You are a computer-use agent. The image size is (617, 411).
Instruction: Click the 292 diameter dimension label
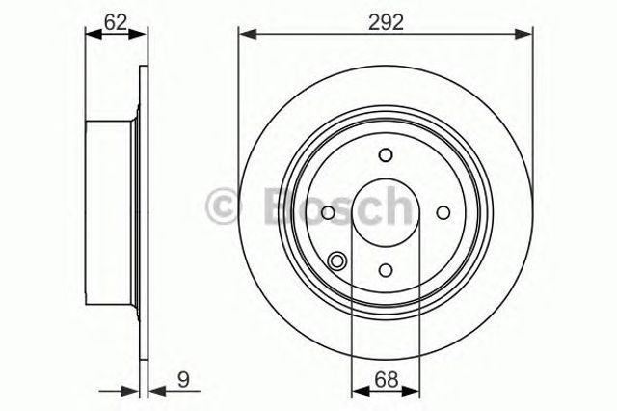386,22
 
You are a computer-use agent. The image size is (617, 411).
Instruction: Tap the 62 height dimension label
116,22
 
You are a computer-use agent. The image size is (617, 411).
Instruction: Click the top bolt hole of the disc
386,154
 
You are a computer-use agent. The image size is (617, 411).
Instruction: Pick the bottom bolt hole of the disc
386,270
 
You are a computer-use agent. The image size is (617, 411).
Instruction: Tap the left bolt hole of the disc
328,212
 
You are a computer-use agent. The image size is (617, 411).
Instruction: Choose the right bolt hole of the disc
443,212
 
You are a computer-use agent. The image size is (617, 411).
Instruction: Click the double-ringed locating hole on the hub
337,261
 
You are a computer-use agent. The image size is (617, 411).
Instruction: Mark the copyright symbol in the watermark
223,205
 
